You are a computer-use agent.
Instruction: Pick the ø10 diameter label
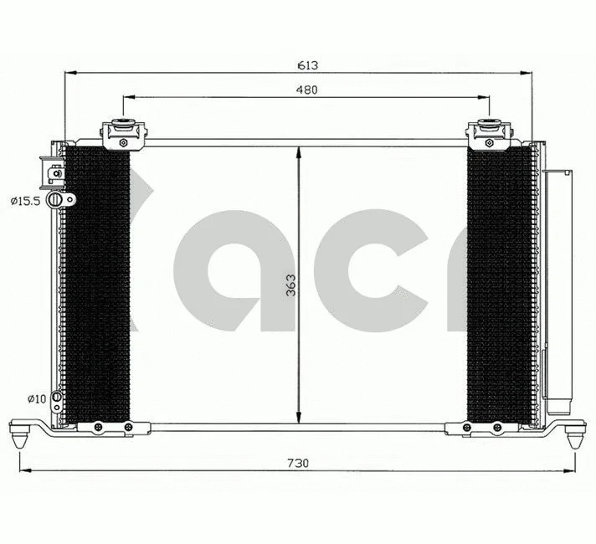36,398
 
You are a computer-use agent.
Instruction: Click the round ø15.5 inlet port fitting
56,200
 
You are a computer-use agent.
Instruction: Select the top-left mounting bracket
123,133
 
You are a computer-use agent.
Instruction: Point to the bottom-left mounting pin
22,436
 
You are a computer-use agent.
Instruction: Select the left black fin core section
98,285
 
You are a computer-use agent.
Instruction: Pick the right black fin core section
498,285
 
